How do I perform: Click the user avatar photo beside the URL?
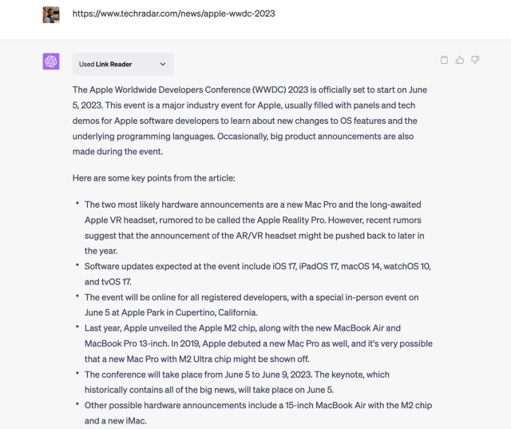[51, 14]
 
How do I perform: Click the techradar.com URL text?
[174, 14]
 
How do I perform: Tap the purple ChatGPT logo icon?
[51, 62]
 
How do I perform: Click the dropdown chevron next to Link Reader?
[163, 64]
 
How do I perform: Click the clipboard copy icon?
[445, 60]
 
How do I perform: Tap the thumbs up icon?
[460, 60]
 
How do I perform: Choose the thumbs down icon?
[475, 60]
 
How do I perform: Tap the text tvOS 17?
[114, 281]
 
